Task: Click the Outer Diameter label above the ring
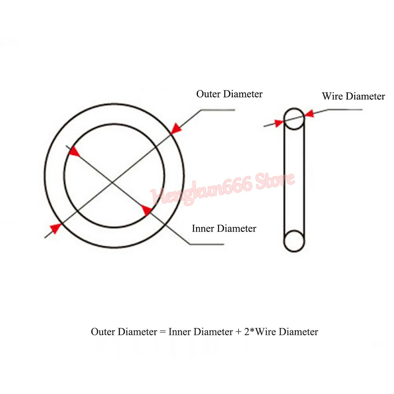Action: pyautogui.click(x=229, y=94)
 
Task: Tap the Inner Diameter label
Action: pyautogui.click(x=224, y=229)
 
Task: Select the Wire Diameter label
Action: pyautogui.click(x=353, y=96)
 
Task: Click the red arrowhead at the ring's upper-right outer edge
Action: pyautogui.click(x=176, y=128)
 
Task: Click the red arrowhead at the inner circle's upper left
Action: pyautogui.click(x=75, y=152)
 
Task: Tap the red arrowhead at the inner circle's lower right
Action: pyautogui.click(x=146, y=210)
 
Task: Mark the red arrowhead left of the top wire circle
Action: pyautogui.click(x=279, y=123)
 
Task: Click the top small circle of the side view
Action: pyautogui.click(x=294, y=119)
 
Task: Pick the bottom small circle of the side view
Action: pyautogui.click(x=294, y=241)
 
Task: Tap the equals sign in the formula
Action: pyautogui.click(x=163, y=332)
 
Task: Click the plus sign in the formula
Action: pyautogui.click(x=239, y=332)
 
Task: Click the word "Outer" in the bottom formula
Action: pyautogui.click(x=103, y=332)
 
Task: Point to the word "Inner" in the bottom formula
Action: pyautogui.click(x=179, y=332)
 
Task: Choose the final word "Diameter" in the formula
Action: pyautogui.click(x=298, y=332)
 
